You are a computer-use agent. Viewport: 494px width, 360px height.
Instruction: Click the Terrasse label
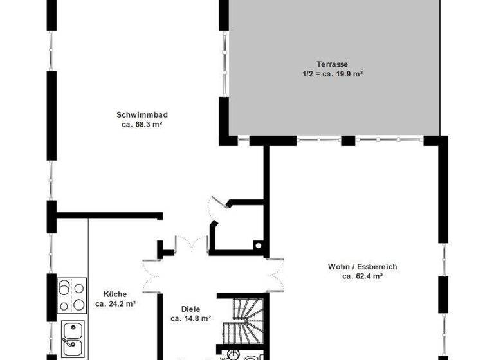click(x=332, y=64)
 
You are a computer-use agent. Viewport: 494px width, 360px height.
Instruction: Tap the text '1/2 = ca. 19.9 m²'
click(x=332, y=74)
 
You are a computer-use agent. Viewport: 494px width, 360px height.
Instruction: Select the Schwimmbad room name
click(x=142, y=115)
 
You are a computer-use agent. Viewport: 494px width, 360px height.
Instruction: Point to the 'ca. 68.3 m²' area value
click(x=142, y=125)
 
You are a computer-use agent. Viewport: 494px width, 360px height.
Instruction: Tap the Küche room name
click(x=116, y=294)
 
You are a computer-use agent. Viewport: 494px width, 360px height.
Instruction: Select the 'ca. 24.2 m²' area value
click(x=116, y=303)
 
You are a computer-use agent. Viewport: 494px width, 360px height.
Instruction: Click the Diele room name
click(x=190, y=308)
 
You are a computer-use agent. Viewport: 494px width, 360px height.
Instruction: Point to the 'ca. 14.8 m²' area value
click(x=190, y=318)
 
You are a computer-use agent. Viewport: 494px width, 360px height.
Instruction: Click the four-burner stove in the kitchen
click(x=72, y=296)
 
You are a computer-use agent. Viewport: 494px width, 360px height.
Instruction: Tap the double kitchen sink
click(x=72, y=338)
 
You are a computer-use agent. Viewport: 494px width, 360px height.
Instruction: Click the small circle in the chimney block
click(x=259, y=244)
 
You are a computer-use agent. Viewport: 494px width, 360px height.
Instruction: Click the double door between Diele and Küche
click(x=152, y=277)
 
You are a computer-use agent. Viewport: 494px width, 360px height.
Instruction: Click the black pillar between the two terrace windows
click(x=348, y=141)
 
